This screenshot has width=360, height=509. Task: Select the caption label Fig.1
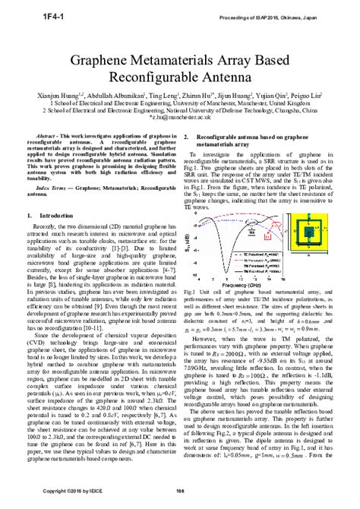[x=191, y=292]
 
